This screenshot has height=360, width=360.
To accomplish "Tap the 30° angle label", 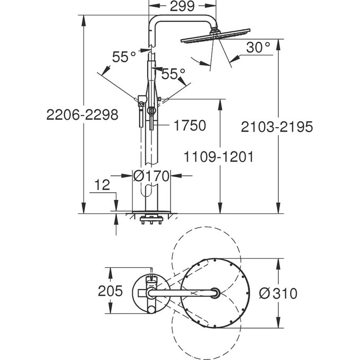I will (258, 48).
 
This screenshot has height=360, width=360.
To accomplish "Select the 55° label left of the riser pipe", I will (124, 57).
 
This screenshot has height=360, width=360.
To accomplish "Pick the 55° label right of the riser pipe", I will (174, 74).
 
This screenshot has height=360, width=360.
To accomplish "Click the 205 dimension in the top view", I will (111, 291).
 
